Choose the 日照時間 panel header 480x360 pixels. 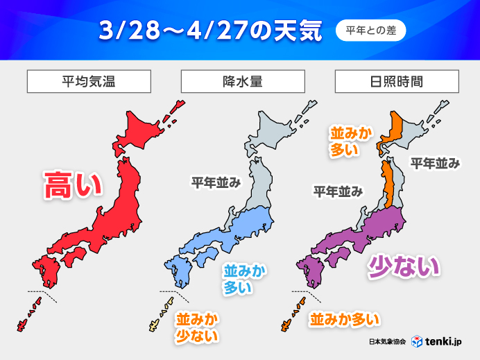[x=396, y=81]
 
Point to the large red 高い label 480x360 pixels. [x=73, y=185]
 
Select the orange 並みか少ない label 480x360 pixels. [x=197, y=327]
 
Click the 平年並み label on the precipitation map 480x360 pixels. [x=216, y=182]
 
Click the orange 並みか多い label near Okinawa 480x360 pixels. [x=345, y=319]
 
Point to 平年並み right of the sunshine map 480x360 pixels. [x=435, y=163]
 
